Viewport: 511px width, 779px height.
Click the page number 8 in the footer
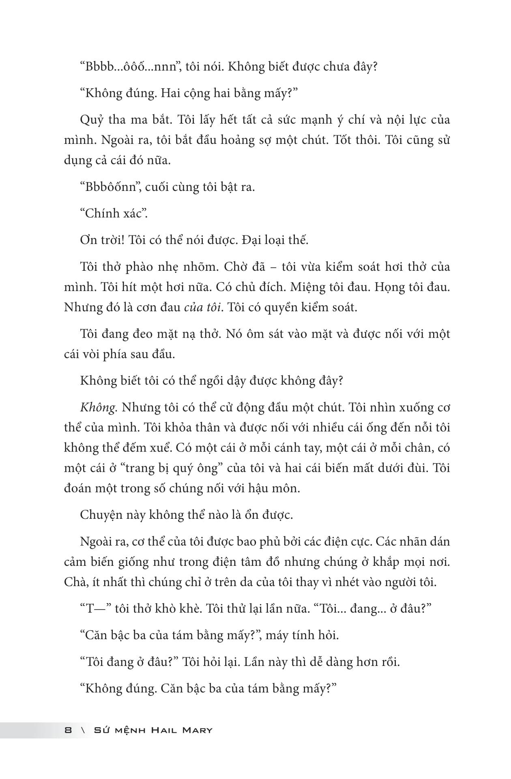(x=68, y=730)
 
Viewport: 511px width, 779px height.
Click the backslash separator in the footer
(x=83, y=730)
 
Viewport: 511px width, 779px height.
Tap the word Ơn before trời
(x=88, y=240)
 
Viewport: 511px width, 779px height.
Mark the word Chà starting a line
(x=74, y=582)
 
